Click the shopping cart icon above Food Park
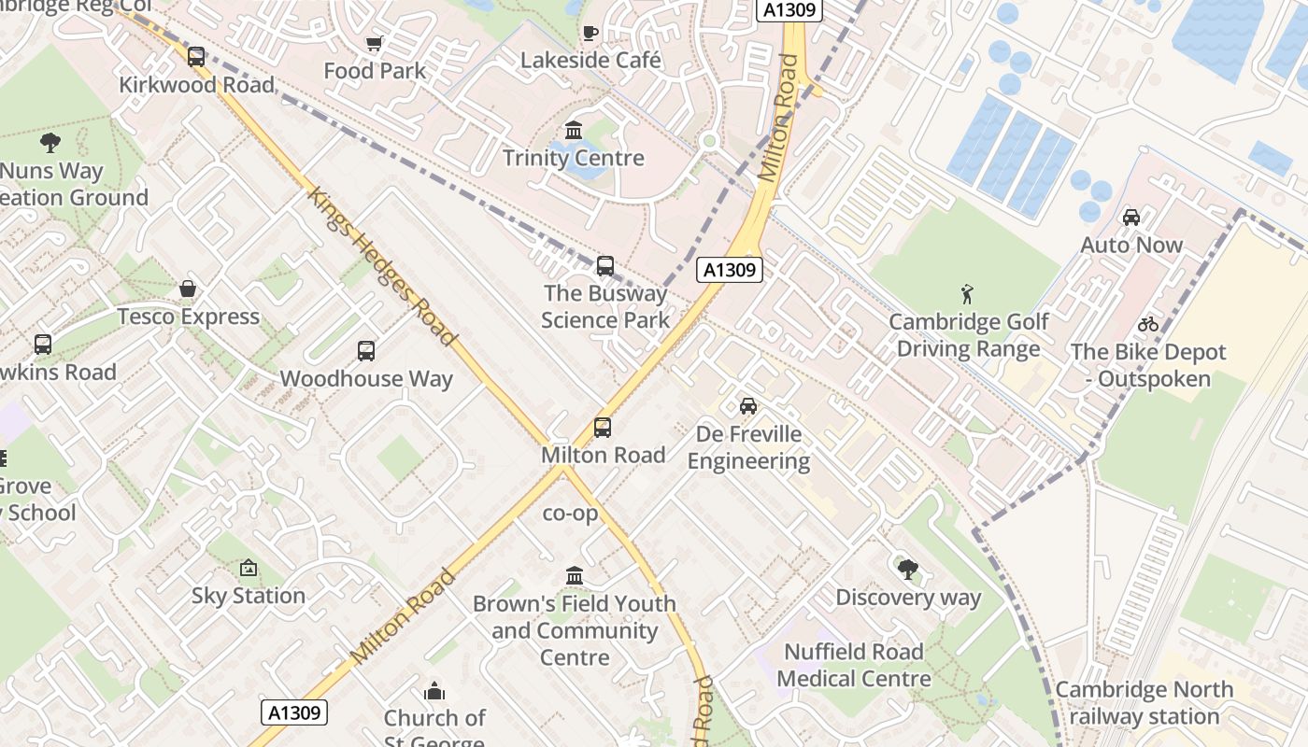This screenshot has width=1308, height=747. pyautogui.click(x=375, y=43)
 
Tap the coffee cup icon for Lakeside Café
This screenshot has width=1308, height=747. pyautogui.click(x=590, y=33)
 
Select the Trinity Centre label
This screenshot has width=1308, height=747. pyautogui.click(x=574, y=158)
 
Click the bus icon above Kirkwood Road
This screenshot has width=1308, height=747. pyautogui.click(x=196, y=57)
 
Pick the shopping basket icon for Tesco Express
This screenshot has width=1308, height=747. pyautogui.click(x=188, y=289)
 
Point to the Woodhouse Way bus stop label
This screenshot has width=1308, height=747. pyautogui.click(x=366, y=379)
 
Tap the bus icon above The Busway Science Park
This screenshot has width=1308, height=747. pyautogui.click(x=605, y=266)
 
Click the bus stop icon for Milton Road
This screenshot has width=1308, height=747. pyautogui.click(x=603, y=428)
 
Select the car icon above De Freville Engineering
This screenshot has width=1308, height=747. pyautogui.click(x=748, y=406)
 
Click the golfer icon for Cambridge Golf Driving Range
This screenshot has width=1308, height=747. pyautogui.click(x=968, y=295)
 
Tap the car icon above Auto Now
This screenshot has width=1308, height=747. pyautogui.click(x=1131, y=218)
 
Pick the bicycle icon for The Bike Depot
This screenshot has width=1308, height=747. pyautogui.click(x=1148, y=325)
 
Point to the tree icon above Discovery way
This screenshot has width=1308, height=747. pyautogui.click(x=907, y=570)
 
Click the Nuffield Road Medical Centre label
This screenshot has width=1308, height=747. pyautogui.click(x=854, y=665)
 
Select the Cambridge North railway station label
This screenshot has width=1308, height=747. pyautogui.click(x=1144, y=703)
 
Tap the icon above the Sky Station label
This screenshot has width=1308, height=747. pyautogui.click(x=249, y=568)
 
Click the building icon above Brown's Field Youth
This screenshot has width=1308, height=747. pyautogui.click(x=575, y=575)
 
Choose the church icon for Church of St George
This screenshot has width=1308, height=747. pyautogui.click(x=434, y=691)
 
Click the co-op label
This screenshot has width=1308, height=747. pyautogui.click(x=570, y=514)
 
